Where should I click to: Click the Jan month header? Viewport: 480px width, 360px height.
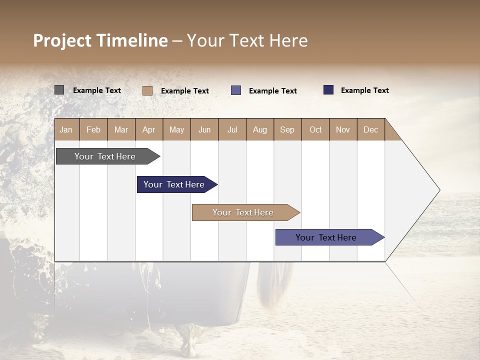pyautogui.click(x=66, y=129)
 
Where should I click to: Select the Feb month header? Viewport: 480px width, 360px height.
pyautogui.click(x=93, y=129)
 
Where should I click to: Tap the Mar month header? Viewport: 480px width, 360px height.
pyautogui.click(x=121, y=129)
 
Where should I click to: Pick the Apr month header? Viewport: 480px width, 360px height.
pyautogui.click(x=149, y=129)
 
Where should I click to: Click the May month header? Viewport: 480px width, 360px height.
pyautogui.click(x=176, y=129)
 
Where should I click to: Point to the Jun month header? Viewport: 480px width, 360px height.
pyautogui.click(x=204, y=129)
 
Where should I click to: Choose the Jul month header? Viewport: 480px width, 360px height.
pyautogui.click(x=232, y=129)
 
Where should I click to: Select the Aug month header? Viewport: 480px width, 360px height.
pyautogui.click(x=260, y=129)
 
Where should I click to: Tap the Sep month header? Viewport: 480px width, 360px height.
pyautogui.click(x=287, y=129)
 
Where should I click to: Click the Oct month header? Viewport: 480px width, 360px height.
pyautogui.click(x=315, y=129)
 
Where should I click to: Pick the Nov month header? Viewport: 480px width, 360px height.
pyautogui.click(x=343, y=129)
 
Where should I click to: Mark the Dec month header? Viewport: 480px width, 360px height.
pyautogui.click(x=370, y=129)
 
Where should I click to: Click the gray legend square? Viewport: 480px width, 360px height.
pyautogui.click(x=59, y=90)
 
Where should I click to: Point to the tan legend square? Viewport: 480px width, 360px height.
pyautogui.click(x=147, y=90)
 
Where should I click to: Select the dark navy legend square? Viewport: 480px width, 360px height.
pyautogui.click(x=328, y=90)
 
